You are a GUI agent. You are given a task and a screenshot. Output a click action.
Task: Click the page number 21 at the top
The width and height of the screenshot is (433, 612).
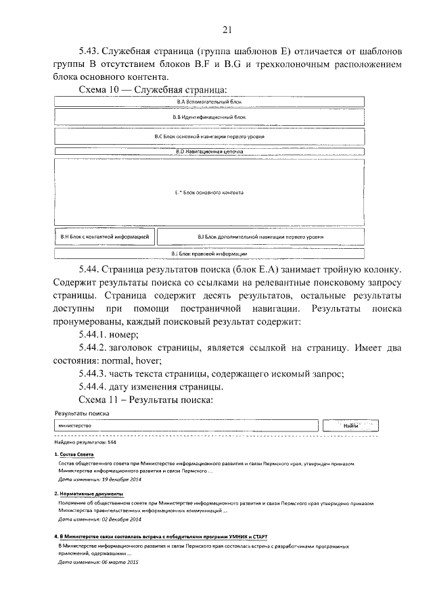(227, 28)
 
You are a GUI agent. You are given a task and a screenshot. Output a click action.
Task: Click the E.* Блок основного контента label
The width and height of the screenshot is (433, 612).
(208, 193)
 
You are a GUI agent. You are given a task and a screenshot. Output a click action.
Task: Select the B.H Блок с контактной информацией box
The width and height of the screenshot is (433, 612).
(105, 237)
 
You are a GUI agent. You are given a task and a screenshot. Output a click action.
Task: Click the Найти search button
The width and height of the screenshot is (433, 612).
(350, 426)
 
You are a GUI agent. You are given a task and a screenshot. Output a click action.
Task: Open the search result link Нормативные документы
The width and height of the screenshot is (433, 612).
(85, 494)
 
